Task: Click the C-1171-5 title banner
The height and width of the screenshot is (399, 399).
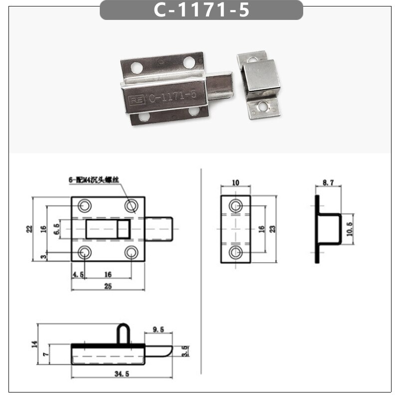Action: tap(201, 10)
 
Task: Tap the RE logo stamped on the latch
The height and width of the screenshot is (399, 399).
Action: tap(137, 100)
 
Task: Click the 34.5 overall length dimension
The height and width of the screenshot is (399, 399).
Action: tap(122, 374)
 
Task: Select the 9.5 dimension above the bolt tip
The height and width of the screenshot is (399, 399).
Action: tap(158, 330)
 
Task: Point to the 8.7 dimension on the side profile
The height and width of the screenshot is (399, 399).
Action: tap(328, 183)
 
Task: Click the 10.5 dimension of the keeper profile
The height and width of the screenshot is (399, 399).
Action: tap(350, 229)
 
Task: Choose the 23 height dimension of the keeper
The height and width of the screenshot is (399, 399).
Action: tap(272, 229)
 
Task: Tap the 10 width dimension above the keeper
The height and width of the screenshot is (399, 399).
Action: tap(235, 183)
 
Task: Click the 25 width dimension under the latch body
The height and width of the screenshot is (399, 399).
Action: tap(108, 286)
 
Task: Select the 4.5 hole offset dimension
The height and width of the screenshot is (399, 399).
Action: tap(78, 275)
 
